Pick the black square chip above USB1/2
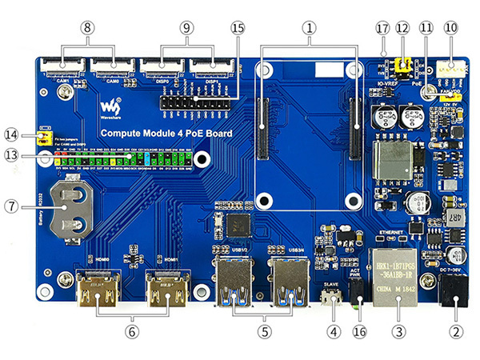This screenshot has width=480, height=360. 239,226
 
